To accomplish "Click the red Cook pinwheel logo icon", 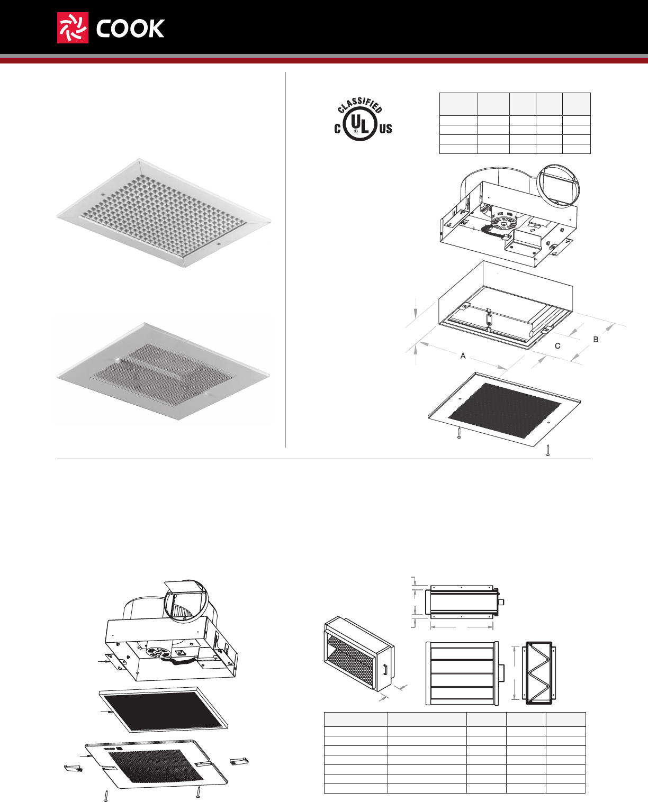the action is [x=73, y=28].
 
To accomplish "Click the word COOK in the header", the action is [x=130, y=29].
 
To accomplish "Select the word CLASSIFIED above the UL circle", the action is [x=360, y=105].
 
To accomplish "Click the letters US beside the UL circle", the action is [x=385, y=129].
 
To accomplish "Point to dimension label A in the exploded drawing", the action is [x=463, y=356].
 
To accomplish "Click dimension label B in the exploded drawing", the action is [x=596, y=339].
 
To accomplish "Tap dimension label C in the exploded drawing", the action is [x=557, y=346].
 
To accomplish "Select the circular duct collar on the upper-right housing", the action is [x=559, y=186].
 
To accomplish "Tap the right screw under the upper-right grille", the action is [x=548, y=450].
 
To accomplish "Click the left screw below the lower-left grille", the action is [x=107, y=795].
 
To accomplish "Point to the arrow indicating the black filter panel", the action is [x=106, y=713].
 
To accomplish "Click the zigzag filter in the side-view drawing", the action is [x=539, y=673].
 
